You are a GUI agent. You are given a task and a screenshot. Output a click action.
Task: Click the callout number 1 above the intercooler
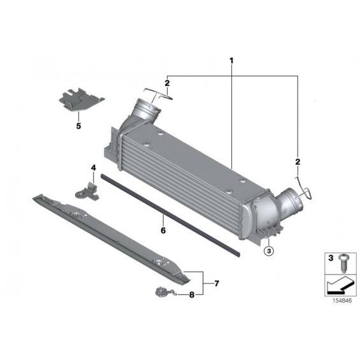[x=231, y=61]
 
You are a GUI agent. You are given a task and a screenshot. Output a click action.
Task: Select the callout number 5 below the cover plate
[x=78, y=126]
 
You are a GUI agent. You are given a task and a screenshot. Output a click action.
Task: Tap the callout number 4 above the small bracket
[x=94, y=168]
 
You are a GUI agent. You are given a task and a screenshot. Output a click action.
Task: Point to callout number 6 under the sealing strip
[x=163, y=230]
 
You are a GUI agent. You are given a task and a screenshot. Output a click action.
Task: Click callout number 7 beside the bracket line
[x=217, y=284]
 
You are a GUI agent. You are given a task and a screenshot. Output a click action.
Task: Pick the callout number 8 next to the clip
[x=192, y=294]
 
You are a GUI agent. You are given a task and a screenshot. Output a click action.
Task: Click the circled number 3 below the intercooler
[x=269, y=251]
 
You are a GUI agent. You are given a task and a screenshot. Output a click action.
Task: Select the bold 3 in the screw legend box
[x=331, y=258]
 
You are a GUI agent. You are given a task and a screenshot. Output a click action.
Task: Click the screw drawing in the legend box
[x=343, y=263]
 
